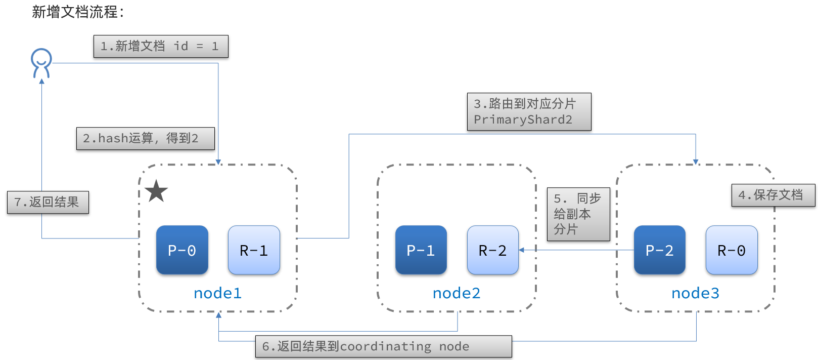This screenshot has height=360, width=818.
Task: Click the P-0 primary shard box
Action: tap(182, 250)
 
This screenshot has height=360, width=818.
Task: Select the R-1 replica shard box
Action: tap(254, 250)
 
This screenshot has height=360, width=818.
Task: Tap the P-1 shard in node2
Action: tap(421, 250)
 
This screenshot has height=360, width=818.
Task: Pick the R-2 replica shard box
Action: tap(492, 250)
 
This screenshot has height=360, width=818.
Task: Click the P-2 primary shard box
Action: tap(659, 250)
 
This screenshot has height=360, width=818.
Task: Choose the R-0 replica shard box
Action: tap(731, 250)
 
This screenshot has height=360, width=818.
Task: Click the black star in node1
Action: tap(156, 191)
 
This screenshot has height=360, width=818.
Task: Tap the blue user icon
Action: tap(41, 63)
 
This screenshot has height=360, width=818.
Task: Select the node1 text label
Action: tap(217, 293)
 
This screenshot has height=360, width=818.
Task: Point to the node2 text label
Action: tap(457, 293)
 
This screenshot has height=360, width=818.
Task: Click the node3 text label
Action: tap(695, 293)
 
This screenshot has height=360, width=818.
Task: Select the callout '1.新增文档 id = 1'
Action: tap(161, 47)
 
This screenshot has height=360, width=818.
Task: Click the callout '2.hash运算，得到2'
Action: tap(145, 138)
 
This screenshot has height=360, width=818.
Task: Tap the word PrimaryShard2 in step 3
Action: tap(523, 120)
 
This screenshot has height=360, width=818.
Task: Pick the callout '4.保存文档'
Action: tap(772, 195)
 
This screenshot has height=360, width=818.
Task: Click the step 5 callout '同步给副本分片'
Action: tap(578, 214)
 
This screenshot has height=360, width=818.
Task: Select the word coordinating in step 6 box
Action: tap(385, 347)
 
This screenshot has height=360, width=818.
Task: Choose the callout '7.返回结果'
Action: tap(48, 202)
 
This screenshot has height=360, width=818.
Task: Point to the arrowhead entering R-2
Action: tap(522, 250)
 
